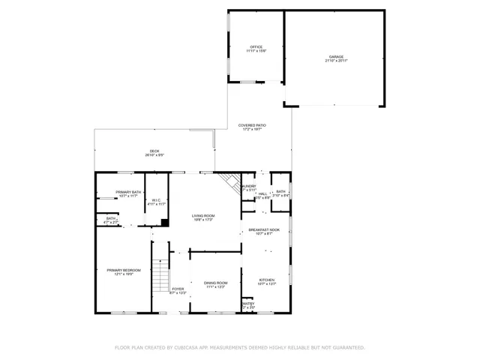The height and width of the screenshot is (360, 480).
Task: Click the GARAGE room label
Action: pyautogui.click(x=336, y=57)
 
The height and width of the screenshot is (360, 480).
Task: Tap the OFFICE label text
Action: pyautogui.click(x=256, y=46)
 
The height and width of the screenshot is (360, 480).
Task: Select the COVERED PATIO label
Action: pyautogui.click(x=253, y=125)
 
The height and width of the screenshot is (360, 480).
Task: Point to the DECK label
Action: pyautogui.click(x=154, y=151)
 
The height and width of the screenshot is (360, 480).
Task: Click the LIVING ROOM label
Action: pyautogui.click(x=204, y=215)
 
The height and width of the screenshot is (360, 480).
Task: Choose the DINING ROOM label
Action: pyautogui.click(x=215, y=282)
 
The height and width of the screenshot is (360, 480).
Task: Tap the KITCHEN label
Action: pyautogui.click(x=267, y=279)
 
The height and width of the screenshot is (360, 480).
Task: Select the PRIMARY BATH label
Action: pyautogui.click(x=128, y=192)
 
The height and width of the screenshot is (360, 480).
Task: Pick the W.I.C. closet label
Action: pyautogui.click(x=157, y=199)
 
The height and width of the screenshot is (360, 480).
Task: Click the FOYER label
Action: pyautogui.click(x=178, y=289)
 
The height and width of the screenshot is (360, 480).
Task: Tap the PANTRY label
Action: pyautogui.click(x=248, y=304)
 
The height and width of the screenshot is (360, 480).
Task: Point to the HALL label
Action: pyautogui.click(x=263, y=193)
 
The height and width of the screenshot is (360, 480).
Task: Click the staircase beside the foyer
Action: pyautogui.click(x=160, y=275)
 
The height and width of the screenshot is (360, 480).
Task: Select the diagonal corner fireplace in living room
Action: pyautogui.click(x=230, y=184)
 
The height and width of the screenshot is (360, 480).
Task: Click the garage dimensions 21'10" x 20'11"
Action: pyautogui.click(x=336, y=61)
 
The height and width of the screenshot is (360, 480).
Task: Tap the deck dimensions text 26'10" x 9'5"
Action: pyautogui.click(x=154, y=155)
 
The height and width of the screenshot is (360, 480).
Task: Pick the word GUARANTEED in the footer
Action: pyautogui.click(x=347, y=348)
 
